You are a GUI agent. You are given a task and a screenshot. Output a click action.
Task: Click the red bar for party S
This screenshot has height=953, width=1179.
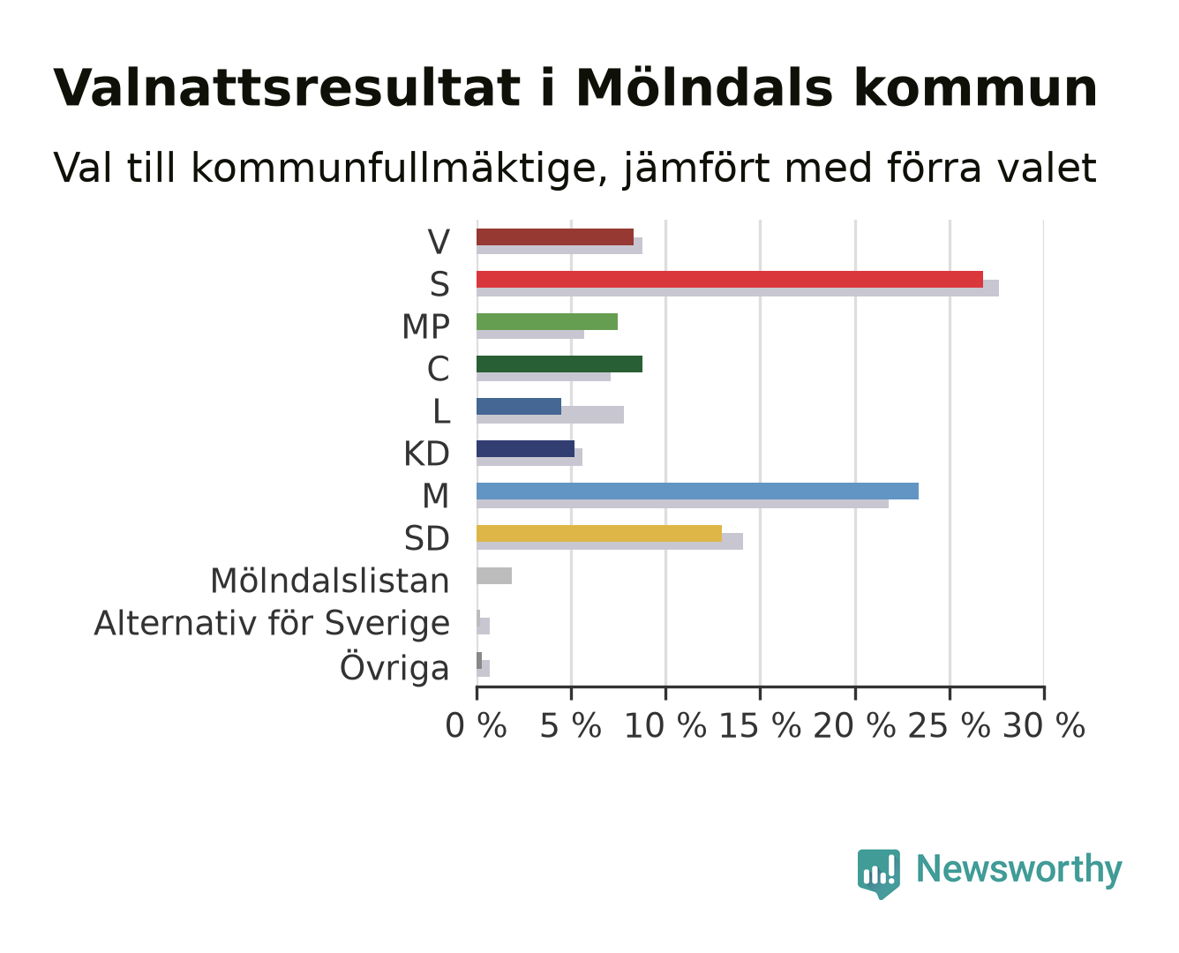click(x=729, y=279)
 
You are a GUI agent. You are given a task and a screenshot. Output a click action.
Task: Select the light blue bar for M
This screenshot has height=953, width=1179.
click(x=697, y=491)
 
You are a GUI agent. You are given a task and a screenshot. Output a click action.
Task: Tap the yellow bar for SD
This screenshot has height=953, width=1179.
click(x=599, y=533)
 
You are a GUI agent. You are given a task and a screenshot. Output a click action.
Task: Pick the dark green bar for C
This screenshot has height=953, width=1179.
click(x=559, y=364)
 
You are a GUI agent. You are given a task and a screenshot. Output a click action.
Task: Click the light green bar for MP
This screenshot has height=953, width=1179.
click(x=547, y=321)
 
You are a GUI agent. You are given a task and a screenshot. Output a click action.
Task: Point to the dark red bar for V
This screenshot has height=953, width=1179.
click(x=554, y=236)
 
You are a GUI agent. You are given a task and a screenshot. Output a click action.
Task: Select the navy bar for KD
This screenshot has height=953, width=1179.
click(x=525, y=448)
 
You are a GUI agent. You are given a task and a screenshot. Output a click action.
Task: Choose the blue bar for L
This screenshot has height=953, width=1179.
click(x=519, y=406)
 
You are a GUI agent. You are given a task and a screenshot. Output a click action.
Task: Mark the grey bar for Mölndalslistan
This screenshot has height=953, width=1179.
click(x=493, y=575)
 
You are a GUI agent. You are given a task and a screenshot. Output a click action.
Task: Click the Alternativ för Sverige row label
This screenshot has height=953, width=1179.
click(x=271, y=623)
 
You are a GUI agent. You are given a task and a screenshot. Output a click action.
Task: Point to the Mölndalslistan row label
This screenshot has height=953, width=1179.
click(x=330, y=582)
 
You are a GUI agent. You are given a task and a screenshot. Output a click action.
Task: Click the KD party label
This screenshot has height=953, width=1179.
click(x=426, y=454)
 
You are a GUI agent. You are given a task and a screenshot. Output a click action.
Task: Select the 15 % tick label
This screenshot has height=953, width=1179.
click(x=760, y=725)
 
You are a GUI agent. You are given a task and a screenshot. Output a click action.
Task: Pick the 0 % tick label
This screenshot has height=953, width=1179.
click(x=476, y=725)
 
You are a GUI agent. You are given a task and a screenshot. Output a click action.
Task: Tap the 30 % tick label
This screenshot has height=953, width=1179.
click(x=1044, y=725)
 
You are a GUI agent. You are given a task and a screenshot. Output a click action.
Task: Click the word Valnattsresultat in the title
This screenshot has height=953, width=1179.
click(x=287, y=88)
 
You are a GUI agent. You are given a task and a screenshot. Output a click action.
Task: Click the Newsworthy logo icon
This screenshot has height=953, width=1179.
click(x=878, y=874)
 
